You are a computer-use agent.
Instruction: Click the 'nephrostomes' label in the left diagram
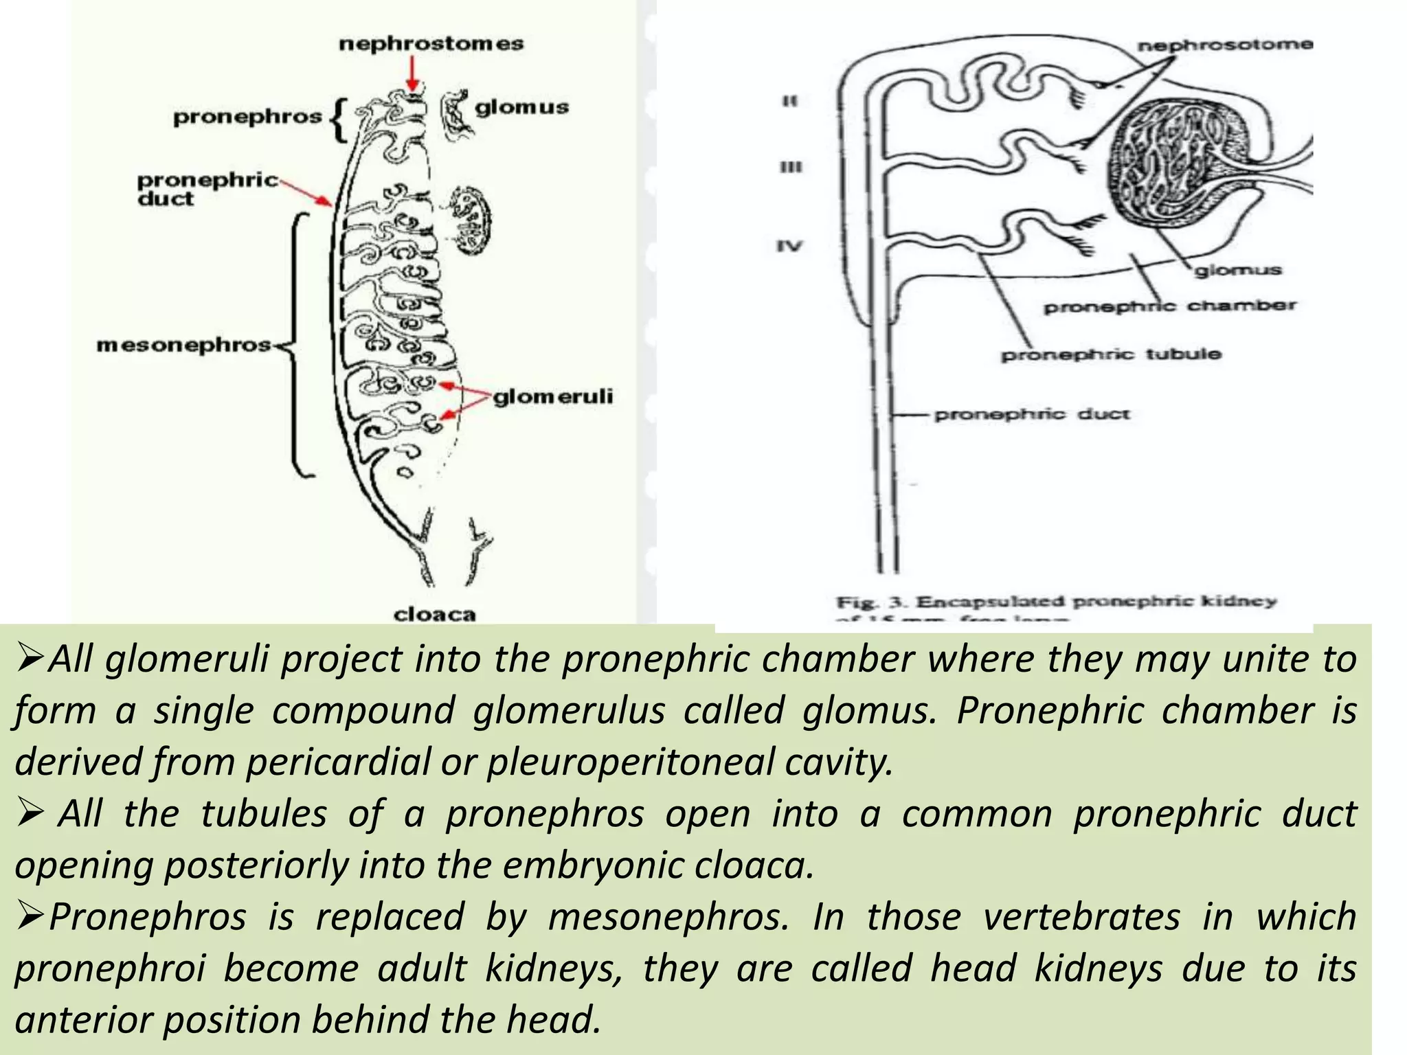(x=431, y=44)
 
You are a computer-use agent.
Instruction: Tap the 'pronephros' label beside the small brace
(x=247, y=117)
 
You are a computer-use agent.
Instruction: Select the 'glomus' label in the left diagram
(x=522, y=107)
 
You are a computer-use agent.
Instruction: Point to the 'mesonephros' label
(x=184, y=345)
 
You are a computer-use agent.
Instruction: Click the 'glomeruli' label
(x=553, y=396)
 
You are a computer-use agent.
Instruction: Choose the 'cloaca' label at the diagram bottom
(x=434, y=614)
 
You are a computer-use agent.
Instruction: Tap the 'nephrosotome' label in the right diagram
(x=1225, y=45)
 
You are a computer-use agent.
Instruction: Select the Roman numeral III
(x=791, y=168)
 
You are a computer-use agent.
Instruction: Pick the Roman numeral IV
(x=789, y=245)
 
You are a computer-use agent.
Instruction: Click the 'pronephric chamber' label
(x=1169, y=306)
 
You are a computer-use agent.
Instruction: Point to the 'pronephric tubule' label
(x=1111, y=354)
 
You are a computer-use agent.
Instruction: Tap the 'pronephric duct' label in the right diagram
(x=1032, y=414)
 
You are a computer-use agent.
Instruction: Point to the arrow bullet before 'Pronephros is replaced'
(x=31, y=917)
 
